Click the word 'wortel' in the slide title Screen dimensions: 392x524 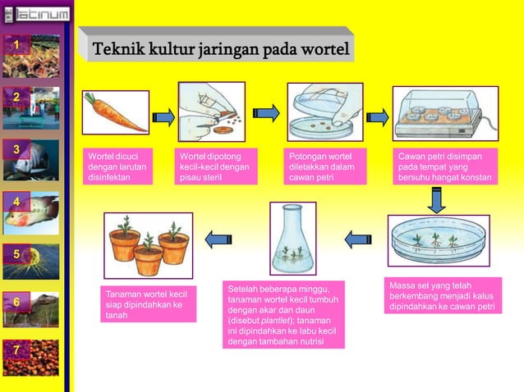pyautogui.click(x=323, y=48)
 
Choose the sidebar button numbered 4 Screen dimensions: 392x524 pyautogui.click(x=15, y=201)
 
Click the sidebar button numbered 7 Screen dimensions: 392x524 pyautogui.click(x=15, y=352)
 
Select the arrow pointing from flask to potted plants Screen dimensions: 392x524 pyautogui.click(x=218, y=239)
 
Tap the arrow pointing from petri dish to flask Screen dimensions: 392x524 pyautogui.click(x=358, y=239)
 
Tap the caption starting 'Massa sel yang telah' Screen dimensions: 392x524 pyautogui.click(x=443, y=296)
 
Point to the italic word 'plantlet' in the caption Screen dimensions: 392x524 pyautogui.click(x=276, y=321)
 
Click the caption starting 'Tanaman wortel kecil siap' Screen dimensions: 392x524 pyautogui.click(x=149, y=303)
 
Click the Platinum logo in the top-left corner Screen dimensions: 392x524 pyautogui.click(x=36, y=11)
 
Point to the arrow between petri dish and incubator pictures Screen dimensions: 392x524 pyautogui.click(x=377, y=115)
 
